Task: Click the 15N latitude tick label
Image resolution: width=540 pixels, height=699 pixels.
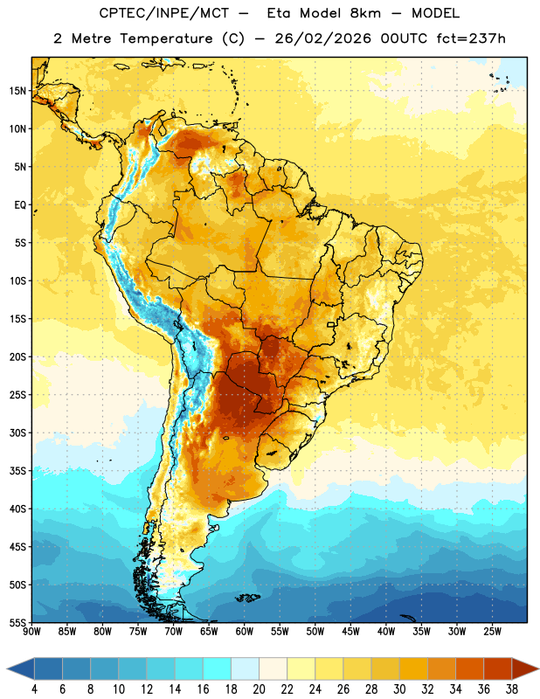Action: (x=17, y=91)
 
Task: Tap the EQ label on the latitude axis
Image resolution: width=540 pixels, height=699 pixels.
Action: (x=20, y=205)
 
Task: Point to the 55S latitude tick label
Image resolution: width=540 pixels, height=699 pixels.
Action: (x=17, y=622)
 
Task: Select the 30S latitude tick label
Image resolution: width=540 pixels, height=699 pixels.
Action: (x=17, y=433)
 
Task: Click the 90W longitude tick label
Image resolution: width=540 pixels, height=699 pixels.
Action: (x=32, y=631)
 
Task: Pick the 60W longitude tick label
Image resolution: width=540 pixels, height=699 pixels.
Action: (x=245, y=631)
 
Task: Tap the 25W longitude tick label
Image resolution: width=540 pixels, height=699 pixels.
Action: (x=492, y=631)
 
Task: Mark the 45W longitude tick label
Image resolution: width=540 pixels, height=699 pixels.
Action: (x=350, y=631)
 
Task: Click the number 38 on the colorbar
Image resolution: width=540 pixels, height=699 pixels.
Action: (x=511, y=689)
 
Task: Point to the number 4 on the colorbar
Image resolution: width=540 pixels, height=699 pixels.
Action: (x=34, y=689)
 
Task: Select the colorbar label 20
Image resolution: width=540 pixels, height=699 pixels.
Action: (x=259, y=689)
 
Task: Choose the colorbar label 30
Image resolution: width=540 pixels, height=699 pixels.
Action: (x=399, y=689)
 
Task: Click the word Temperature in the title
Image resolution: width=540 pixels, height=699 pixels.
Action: (x=166, y=38)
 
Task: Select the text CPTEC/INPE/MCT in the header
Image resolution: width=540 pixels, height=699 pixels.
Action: (x=164, y=13)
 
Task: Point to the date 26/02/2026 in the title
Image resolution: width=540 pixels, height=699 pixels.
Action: (x=322, y=38)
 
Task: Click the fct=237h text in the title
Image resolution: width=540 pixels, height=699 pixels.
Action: (x=471, y=38)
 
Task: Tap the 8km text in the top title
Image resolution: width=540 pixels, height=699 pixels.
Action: (x=365, y=13)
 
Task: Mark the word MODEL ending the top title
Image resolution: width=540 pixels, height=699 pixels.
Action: (x=435, y=13)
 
